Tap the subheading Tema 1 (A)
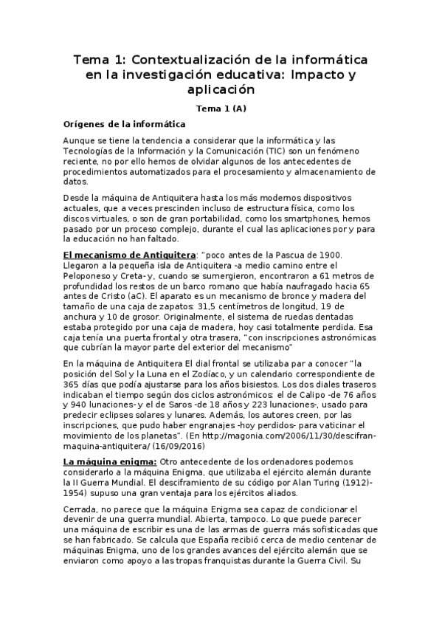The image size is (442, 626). (221, 108)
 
